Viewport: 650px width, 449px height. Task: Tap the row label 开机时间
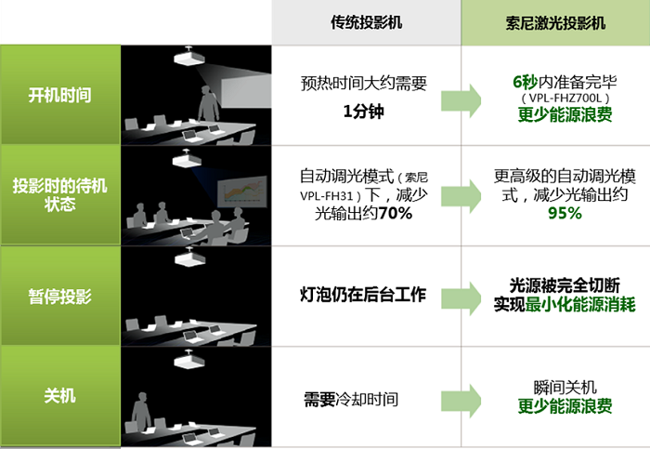[60, 95]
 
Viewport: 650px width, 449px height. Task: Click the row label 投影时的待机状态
[60, 195]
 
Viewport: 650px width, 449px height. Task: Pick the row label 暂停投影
[60, 297]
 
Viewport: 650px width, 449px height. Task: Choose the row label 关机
[60, 396]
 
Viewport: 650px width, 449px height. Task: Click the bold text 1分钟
[364, 112]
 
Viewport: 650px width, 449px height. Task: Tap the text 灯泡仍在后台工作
[364, 296]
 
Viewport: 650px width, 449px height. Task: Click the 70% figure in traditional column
[396, 214]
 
